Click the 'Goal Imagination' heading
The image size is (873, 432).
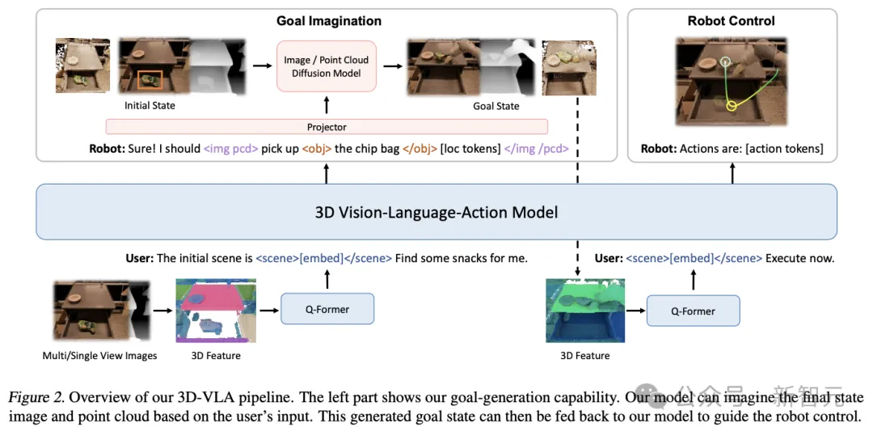point(328,21)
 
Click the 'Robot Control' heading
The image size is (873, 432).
point(731,21)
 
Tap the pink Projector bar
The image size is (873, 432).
point(327,127)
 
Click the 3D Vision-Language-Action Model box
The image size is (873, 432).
point(436,212)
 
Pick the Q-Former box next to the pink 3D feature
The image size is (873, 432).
point(327,309)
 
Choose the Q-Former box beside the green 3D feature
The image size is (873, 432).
point(693,310)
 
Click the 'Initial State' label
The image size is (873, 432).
point(150,106)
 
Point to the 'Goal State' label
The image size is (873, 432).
point(496,106)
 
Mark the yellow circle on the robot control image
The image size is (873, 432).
point(732,106)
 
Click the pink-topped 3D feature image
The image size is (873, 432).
point(216,311)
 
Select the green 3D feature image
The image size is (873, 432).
point(585,311)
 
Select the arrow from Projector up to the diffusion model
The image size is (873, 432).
point(327,106)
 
